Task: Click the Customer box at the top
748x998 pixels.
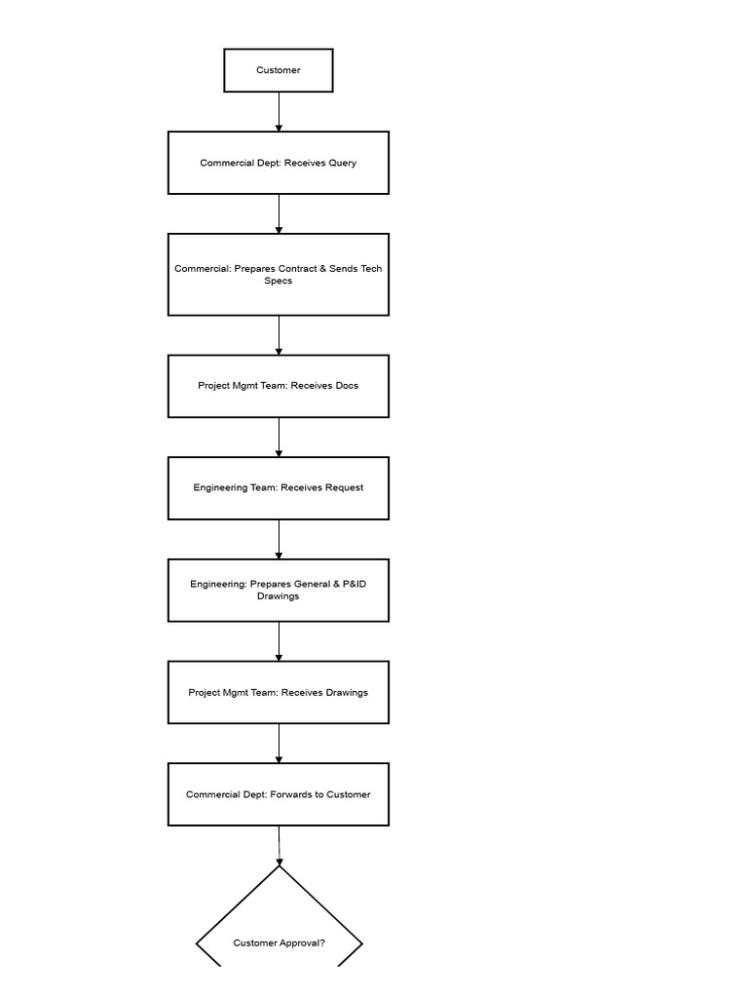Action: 278,70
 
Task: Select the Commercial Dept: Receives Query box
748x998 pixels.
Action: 278,163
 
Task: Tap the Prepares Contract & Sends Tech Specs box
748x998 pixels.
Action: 278,274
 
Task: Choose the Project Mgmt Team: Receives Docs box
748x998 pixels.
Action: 278,386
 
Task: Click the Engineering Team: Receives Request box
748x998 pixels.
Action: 278,487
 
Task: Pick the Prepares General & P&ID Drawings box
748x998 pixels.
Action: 278,590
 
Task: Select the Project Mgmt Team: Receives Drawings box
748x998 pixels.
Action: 278,692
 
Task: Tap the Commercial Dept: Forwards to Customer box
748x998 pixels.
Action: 278,794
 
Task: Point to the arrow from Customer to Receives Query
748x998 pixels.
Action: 279,112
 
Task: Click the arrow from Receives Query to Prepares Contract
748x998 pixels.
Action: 279,213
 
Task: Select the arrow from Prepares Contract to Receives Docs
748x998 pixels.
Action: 279,335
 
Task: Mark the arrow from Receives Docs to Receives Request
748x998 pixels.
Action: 279,437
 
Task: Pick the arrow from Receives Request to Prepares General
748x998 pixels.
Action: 279,539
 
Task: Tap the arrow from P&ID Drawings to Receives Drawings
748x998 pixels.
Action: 279,641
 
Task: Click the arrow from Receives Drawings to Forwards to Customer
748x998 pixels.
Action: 279,743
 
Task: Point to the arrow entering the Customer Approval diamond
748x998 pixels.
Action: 279,845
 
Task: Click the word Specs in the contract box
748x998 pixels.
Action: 278,281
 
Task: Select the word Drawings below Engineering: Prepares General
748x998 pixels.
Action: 278,596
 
